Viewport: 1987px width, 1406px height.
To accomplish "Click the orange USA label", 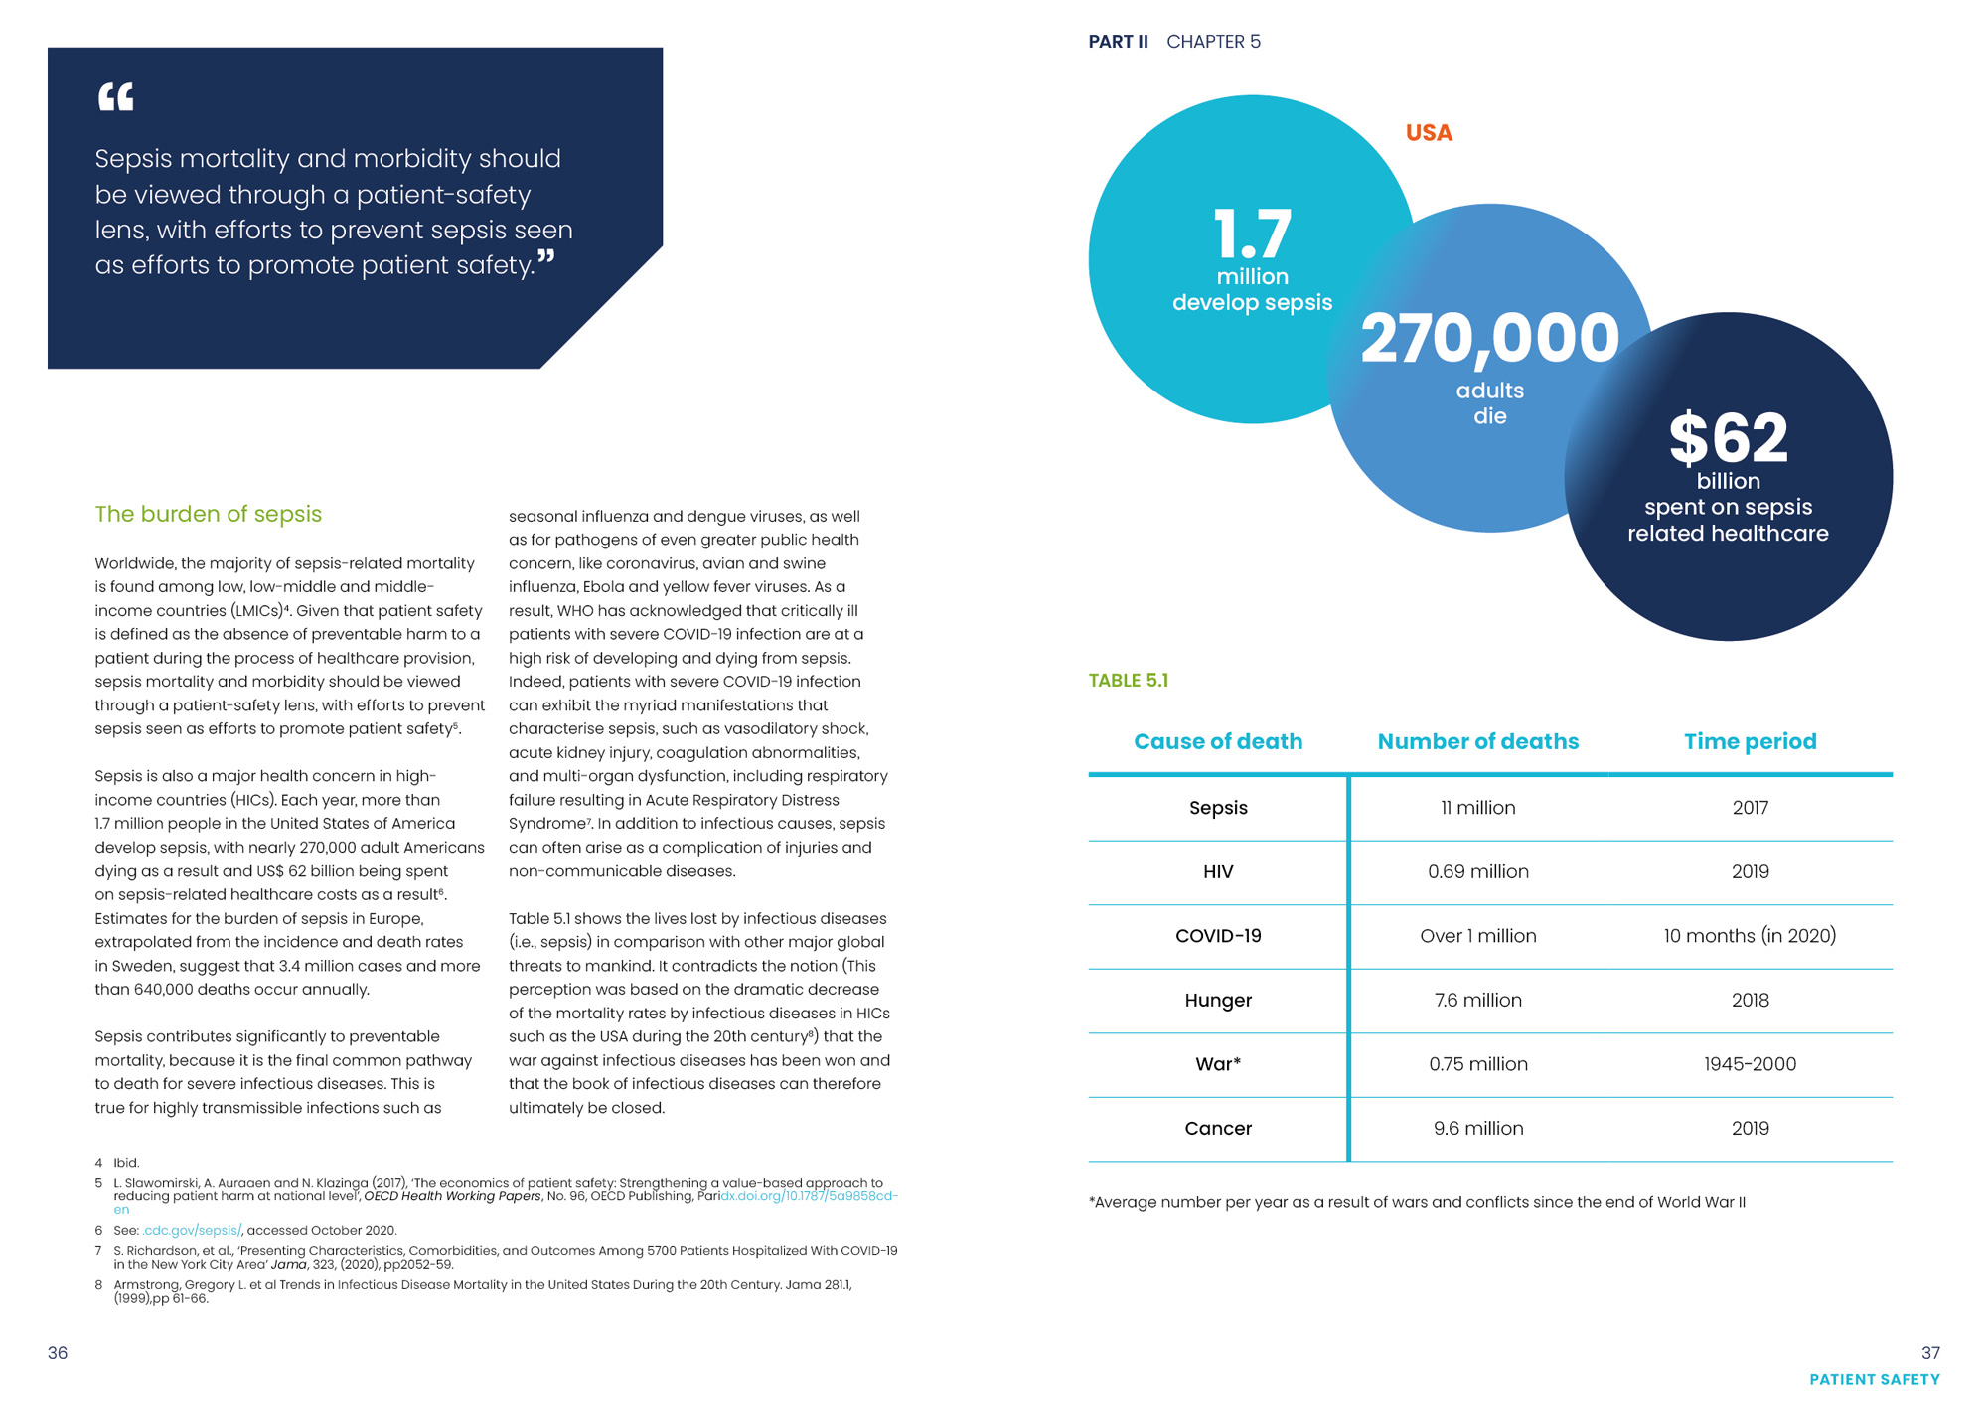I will pyautogui.click(x=1429, y=133).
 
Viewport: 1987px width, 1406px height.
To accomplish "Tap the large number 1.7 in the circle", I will pyautogui.click(x=1252, y=234).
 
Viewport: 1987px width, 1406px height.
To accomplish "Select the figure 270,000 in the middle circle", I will pyautogui.click(x=1489, y=339).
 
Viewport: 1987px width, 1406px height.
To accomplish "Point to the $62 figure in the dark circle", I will pyautogui.click(x=1728, y=438).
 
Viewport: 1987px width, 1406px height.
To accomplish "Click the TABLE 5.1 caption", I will pyautogui.click(x=1129, y=681).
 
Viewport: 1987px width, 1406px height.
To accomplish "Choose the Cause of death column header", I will pyautogui.click(x=1218, y=742).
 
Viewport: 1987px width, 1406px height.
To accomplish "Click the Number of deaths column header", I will pyautogui.click(x=1477, y=742).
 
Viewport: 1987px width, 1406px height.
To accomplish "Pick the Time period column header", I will pyautogui.click(x=1750, y=742).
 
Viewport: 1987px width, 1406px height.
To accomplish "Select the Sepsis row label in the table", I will pyautogui.click(x=1218, y=808).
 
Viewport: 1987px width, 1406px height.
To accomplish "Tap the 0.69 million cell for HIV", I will pyautogui.click(x=1477, y=872).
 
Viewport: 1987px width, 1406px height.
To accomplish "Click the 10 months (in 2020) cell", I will pyautogui.click(x=1750, y=936).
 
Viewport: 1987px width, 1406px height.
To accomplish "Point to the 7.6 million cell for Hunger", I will pyautogui.click(x=1477, y=1001).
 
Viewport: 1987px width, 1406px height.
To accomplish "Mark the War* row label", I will pyautogui.click(x=1218, y=1064).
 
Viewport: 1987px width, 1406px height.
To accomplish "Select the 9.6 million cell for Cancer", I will pyautogui.click(x=1477, y=1129).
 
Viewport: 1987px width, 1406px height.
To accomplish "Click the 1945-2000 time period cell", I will pyautogui.click(x=1750, y=1064).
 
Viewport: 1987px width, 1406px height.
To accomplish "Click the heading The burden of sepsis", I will pyautogui.click(x=209, y=514).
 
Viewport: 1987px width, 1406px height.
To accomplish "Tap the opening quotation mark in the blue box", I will pyautogui.click(x=115, y=97).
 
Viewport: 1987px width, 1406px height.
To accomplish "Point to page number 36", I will pyautogui.click(x=58, y=1353).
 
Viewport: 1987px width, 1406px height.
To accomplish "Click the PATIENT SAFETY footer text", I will pyautogui.click(x=1874, y=1380).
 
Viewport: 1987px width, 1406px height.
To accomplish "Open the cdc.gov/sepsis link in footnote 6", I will pyautogui.click(x=192, y=1231).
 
